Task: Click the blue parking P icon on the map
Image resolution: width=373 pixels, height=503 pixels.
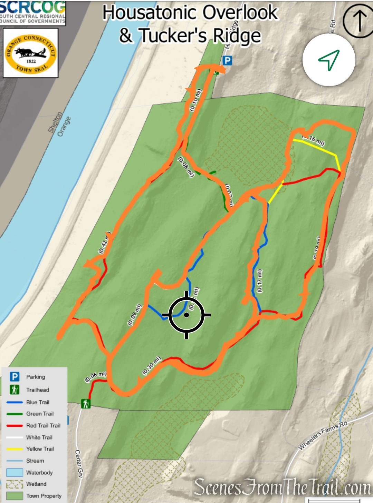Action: click(x=227, y=61)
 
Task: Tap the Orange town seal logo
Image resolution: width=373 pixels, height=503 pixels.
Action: click(x=31, y=53)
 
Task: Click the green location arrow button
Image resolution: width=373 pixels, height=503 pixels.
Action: click(x=329, y=60)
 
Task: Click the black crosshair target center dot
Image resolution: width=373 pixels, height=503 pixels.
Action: click(x=186, y=315)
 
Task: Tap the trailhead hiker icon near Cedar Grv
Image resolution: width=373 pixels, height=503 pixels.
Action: click(x=86, y=403)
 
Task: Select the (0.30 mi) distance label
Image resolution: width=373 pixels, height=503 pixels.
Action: click(x=152, y=365)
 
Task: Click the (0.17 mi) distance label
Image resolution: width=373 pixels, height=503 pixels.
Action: click(x=260, y=280)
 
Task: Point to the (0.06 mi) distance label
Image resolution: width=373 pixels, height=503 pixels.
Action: click(x=96, y=376)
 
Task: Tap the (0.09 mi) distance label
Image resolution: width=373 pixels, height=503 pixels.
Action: click(x=135, y=314)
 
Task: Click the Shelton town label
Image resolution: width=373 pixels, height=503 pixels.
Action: click(x=55, y=122)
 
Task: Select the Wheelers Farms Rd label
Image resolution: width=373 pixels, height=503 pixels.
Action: click(x=323, y=435)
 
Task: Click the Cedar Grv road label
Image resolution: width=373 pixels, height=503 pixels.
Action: click(x=79, y=464)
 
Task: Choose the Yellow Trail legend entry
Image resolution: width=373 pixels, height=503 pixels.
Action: click(x=40, y=449)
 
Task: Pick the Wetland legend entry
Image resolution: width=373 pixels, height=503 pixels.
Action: click(x=36, y=484)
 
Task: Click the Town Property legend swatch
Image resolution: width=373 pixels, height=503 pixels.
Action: click(x=15, y=496)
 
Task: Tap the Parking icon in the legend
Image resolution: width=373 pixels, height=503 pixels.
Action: click(x=15, y=376)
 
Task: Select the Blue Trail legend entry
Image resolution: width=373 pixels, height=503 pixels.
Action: click(x=37, y=402)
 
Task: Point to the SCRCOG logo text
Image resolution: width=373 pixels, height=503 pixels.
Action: click(x=33, y=7)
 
